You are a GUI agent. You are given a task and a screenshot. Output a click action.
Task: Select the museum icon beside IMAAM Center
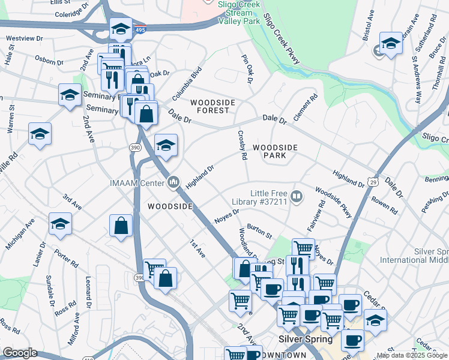click(x=174, y=181)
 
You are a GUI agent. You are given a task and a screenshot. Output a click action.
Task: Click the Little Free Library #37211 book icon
click(x=297, y=196)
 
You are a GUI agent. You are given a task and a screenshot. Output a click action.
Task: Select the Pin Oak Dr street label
click(x=246, y=69)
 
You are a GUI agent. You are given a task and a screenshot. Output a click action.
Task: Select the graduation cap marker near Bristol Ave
click(x=391, y=43)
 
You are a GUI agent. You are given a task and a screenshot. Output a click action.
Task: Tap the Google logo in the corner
click(x=19, y=353)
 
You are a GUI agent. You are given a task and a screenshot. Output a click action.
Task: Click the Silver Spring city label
click(x=306, y=339)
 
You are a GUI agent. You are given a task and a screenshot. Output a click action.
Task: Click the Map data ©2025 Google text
click(x=412, y=355)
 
